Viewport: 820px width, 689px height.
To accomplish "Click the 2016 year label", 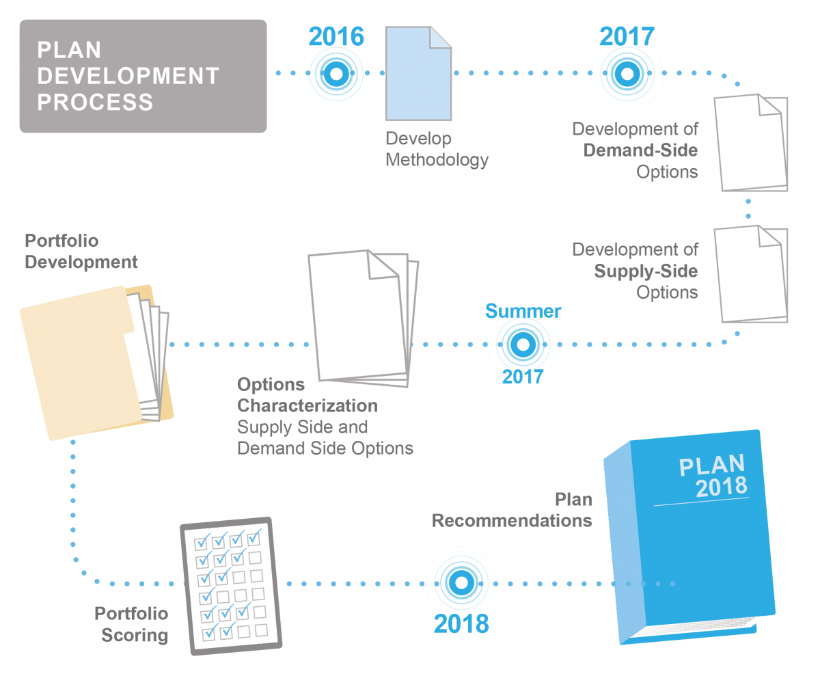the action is [336, 36].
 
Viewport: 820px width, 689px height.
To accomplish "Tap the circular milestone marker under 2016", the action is [336, 73].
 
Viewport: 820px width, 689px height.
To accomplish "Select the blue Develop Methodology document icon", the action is [418, 73].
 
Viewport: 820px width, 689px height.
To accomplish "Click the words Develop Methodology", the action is [437, 149].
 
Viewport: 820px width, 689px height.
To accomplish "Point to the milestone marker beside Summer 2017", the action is [523, 344].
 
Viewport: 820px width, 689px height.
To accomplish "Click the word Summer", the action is [523, 311].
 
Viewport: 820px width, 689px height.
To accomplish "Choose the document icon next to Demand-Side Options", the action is [751, 143].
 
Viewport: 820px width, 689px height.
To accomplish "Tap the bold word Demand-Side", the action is [640, 150].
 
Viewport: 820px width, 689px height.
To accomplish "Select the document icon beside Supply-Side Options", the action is [751, 274].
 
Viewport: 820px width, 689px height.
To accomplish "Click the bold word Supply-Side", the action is [646, 271].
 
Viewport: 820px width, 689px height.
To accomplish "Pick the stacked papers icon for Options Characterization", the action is [364, 318].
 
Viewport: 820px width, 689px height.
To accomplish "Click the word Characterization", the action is [307, 406].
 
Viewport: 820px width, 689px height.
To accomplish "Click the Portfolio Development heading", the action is [81, 252].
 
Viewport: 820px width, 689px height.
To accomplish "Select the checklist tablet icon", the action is [231, 586].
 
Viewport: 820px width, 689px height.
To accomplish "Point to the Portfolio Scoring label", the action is [132, 625].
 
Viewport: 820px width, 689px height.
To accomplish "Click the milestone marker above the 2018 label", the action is [461, 582].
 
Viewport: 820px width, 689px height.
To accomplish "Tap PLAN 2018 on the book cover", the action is [713, 476].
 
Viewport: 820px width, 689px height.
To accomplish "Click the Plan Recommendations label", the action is [512, 511].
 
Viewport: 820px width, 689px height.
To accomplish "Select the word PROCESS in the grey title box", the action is [95, 102].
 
